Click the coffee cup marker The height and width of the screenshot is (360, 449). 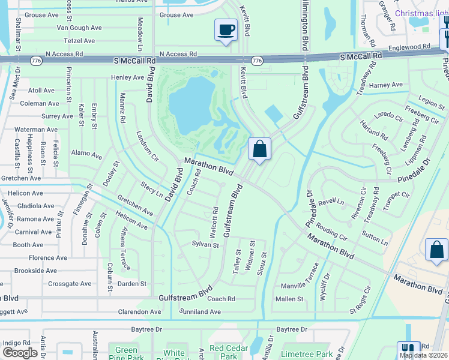click(x=226, y=29)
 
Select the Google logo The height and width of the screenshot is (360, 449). click(x=20, y=353)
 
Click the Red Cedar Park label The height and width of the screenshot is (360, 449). click(x=225, y=352)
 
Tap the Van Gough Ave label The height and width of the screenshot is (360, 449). click(x=79, y=28)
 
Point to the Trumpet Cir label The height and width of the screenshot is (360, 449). click(x=396, y=194)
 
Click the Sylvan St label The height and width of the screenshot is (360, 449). click(x=205, y=245)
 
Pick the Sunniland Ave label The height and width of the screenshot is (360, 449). click(x=200, y=312)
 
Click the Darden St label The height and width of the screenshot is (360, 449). click(x=132, y=284)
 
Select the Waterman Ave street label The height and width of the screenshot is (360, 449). click(x=36, y=129)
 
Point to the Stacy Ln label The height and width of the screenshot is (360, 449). click(x=152, y=190)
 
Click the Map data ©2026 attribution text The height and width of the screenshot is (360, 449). click(x=424, y=355)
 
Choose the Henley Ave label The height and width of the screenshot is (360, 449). click(x=127, y=77)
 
